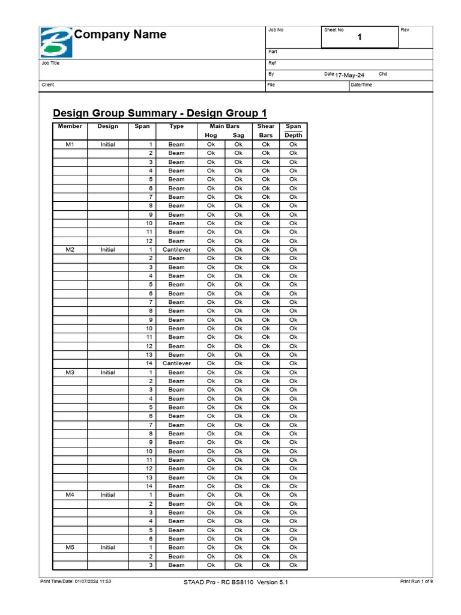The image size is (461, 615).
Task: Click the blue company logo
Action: (56, 42)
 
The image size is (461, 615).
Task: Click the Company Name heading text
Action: (120, 35)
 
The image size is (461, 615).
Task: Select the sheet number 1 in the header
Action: (360, 38)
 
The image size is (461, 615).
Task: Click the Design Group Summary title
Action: (160, 114)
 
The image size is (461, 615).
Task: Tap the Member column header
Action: (70, 127)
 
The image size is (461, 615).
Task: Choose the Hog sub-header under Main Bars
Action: (211, 135)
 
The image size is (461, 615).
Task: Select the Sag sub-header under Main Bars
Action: (238, 135)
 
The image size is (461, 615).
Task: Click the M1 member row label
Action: (70, 144)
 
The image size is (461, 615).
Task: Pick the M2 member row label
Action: (70, 249)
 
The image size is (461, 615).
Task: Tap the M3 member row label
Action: (70, 372)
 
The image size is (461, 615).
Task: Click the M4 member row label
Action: (70, 495)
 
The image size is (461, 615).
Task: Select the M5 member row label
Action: (70, 547)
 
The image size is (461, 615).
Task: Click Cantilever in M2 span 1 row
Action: (176, 249)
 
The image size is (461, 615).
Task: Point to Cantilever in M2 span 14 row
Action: (176, 363)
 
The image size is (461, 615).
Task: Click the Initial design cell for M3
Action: (108, 372)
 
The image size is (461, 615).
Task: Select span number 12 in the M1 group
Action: (149, 241)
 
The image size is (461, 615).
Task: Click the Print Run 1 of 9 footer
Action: (416, 581)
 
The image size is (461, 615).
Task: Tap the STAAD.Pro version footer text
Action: (236, 582)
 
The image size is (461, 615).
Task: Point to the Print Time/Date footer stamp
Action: (76, 581)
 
